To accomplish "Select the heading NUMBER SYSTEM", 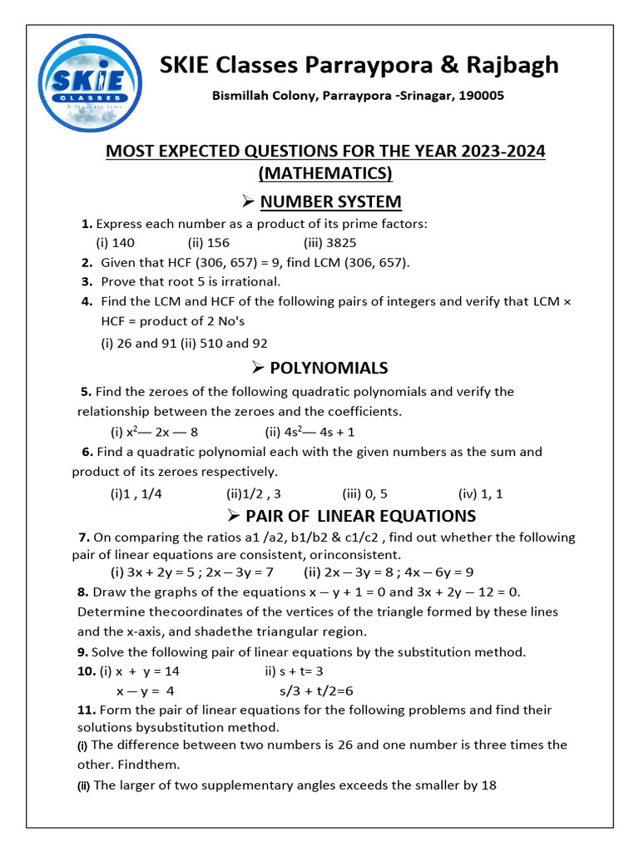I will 330,201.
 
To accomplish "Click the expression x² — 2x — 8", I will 154,432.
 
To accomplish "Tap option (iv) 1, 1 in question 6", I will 480,493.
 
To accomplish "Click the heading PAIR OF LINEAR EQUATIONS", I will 360,516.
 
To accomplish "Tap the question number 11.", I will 87,710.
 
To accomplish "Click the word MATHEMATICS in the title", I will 324,173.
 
